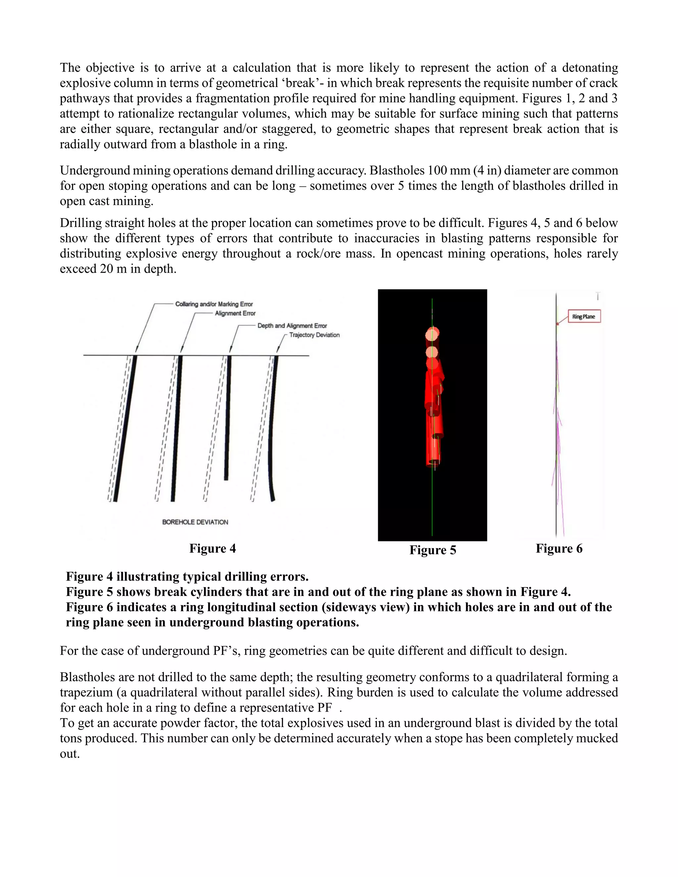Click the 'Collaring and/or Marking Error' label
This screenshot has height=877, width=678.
(214, 304)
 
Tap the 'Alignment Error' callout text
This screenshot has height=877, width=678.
(235, 313)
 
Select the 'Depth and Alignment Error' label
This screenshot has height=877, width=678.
(292, 326)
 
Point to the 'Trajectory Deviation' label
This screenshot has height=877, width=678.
(314, 335)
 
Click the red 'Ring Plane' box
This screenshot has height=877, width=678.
(584, 316)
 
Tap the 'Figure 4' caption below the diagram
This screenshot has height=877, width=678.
(213, 548)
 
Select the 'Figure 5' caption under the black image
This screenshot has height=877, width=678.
(433, 550)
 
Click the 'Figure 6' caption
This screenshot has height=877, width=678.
(559, 548)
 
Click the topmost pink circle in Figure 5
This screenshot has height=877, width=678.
(432, 333)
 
